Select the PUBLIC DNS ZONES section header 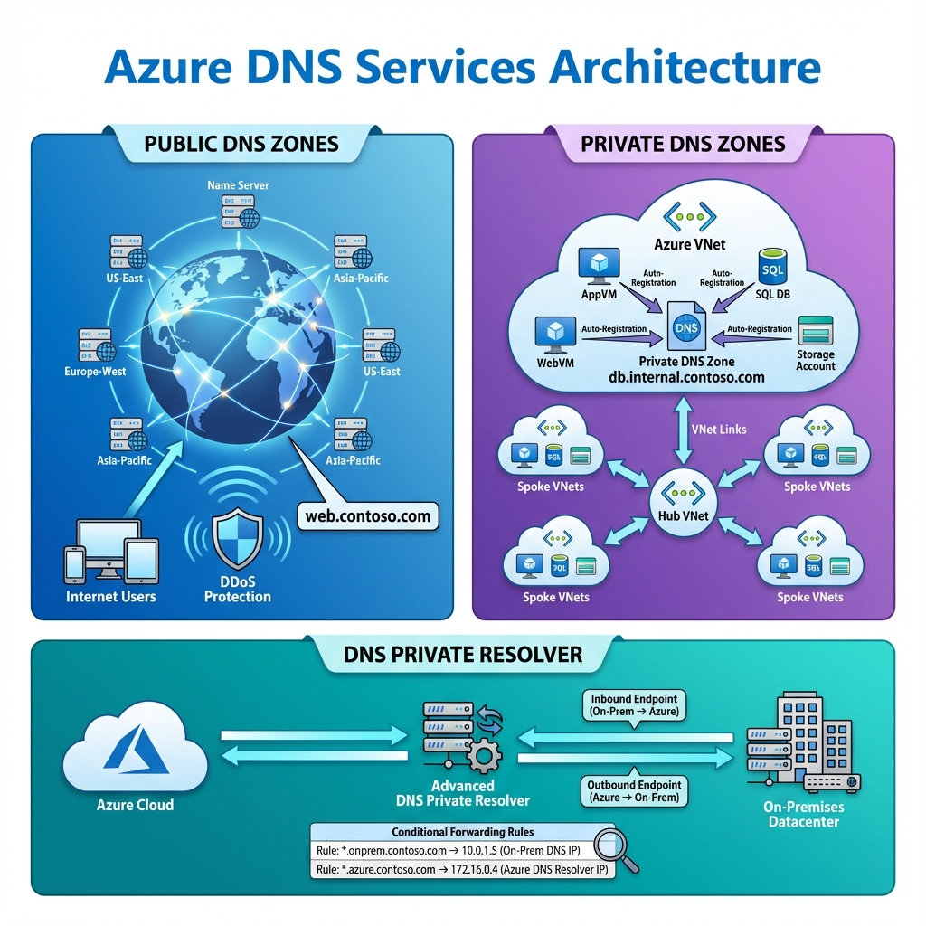click(x=241, y=143)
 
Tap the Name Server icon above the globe click(x=238, y=211)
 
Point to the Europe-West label click(x=94, y=372)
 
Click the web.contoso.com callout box click(x=368, y=515)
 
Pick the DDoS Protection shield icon click(x=237, y=538)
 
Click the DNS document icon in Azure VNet click(x=685, y=327)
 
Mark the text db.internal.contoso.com click(x=687, y=378)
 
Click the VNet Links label click(x=719, y=429)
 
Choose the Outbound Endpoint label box click(x=634, y=791)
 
